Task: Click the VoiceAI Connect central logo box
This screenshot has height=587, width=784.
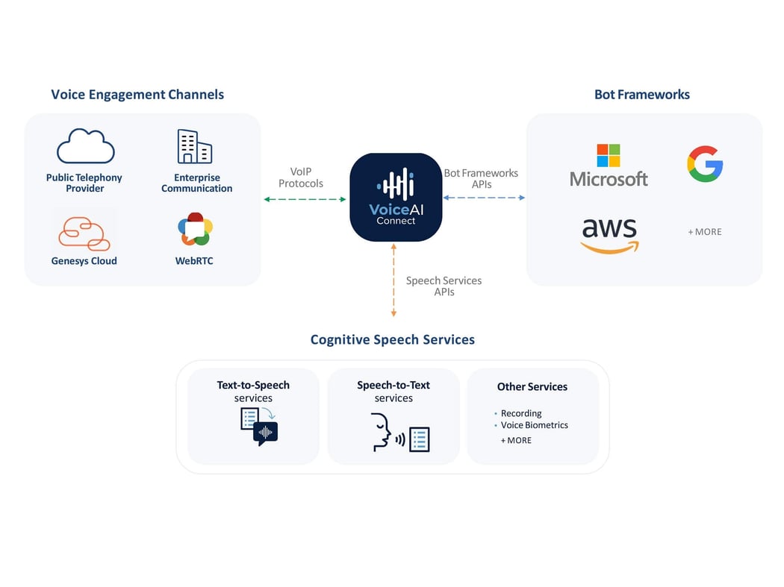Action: (x=396, y=197)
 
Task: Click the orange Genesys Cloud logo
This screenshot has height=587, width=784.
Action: (x=84, y=233)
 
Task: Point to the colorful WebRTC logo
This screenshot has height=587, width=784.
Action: (x=195, y=230)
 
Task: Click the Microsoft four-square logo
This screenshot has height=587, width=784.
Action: (x=608, y=156)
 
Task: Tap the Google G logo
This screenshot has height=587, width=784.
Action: (x=705, y=164)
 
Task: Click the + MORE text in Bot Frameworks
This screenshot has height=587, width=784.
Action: (x=704, y=232)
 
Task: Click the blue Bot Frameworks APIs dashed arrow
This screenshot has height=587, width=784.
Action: (x=484, y=198)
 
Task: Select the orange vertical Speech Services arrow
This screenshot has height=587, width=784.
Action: (x=393, y=280)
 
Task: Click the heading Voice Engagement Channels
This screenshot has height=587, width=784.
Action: (x=137, y=95)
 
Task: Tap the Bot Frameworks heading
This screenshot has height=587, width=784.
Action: (x=641, y=95)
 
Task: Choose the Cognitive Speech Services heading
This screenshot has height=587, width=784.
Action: (x=392, y=339)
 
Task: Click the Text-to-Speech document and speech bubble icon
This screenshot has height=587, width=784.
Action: (x=258, y=427)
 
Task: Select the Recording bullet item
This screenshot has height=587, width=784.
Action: (x=520, y=413)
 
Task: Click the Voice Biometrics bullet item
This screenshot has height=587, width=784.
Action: (x=534, y=425)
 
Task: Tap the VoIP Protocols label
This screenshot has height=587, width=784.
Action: (x=301, y=178)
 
